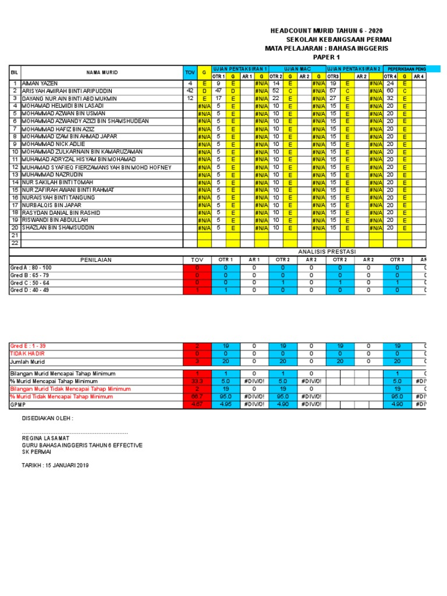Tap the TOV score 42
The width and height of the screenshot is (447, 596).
pos(190,91)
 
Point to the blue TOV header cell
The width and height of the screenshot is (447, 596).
pos(190,72)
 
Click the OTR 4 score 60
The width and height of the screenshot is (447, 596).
pos(389,91)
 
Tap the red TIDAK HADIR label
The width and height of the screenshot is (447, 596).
pos(27,353)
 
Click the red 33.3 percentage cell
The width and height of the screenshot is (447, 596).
pos(197,381)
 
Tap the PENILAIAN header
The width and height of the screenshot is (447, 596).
pos(96,260)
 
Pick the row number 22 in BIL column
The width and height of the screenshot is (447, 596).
pos(15,243)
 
